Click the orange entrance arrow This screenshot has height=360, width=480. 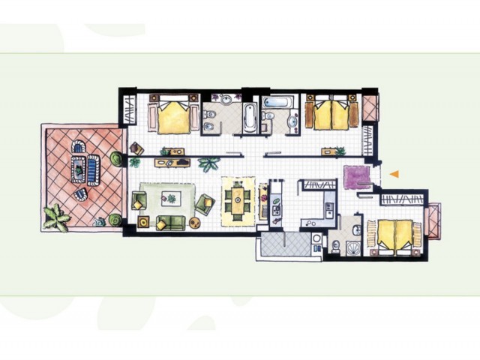click(393, 174)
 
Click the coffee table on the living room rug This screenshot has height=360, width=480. click(171, 198)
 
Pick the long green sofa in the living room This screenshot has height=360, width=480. click(172, 223)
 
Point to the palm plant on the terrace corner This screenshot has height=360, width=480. click(55, 217)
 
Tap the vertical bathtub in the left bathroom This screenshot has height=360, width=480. click(249, 117)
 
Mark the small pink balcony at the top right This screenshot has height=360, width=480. click(370, 106)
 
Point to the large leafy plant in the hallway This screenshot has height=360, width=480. click(208, 164)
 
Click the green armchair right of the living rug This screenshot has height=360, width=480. click(204, 202)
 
